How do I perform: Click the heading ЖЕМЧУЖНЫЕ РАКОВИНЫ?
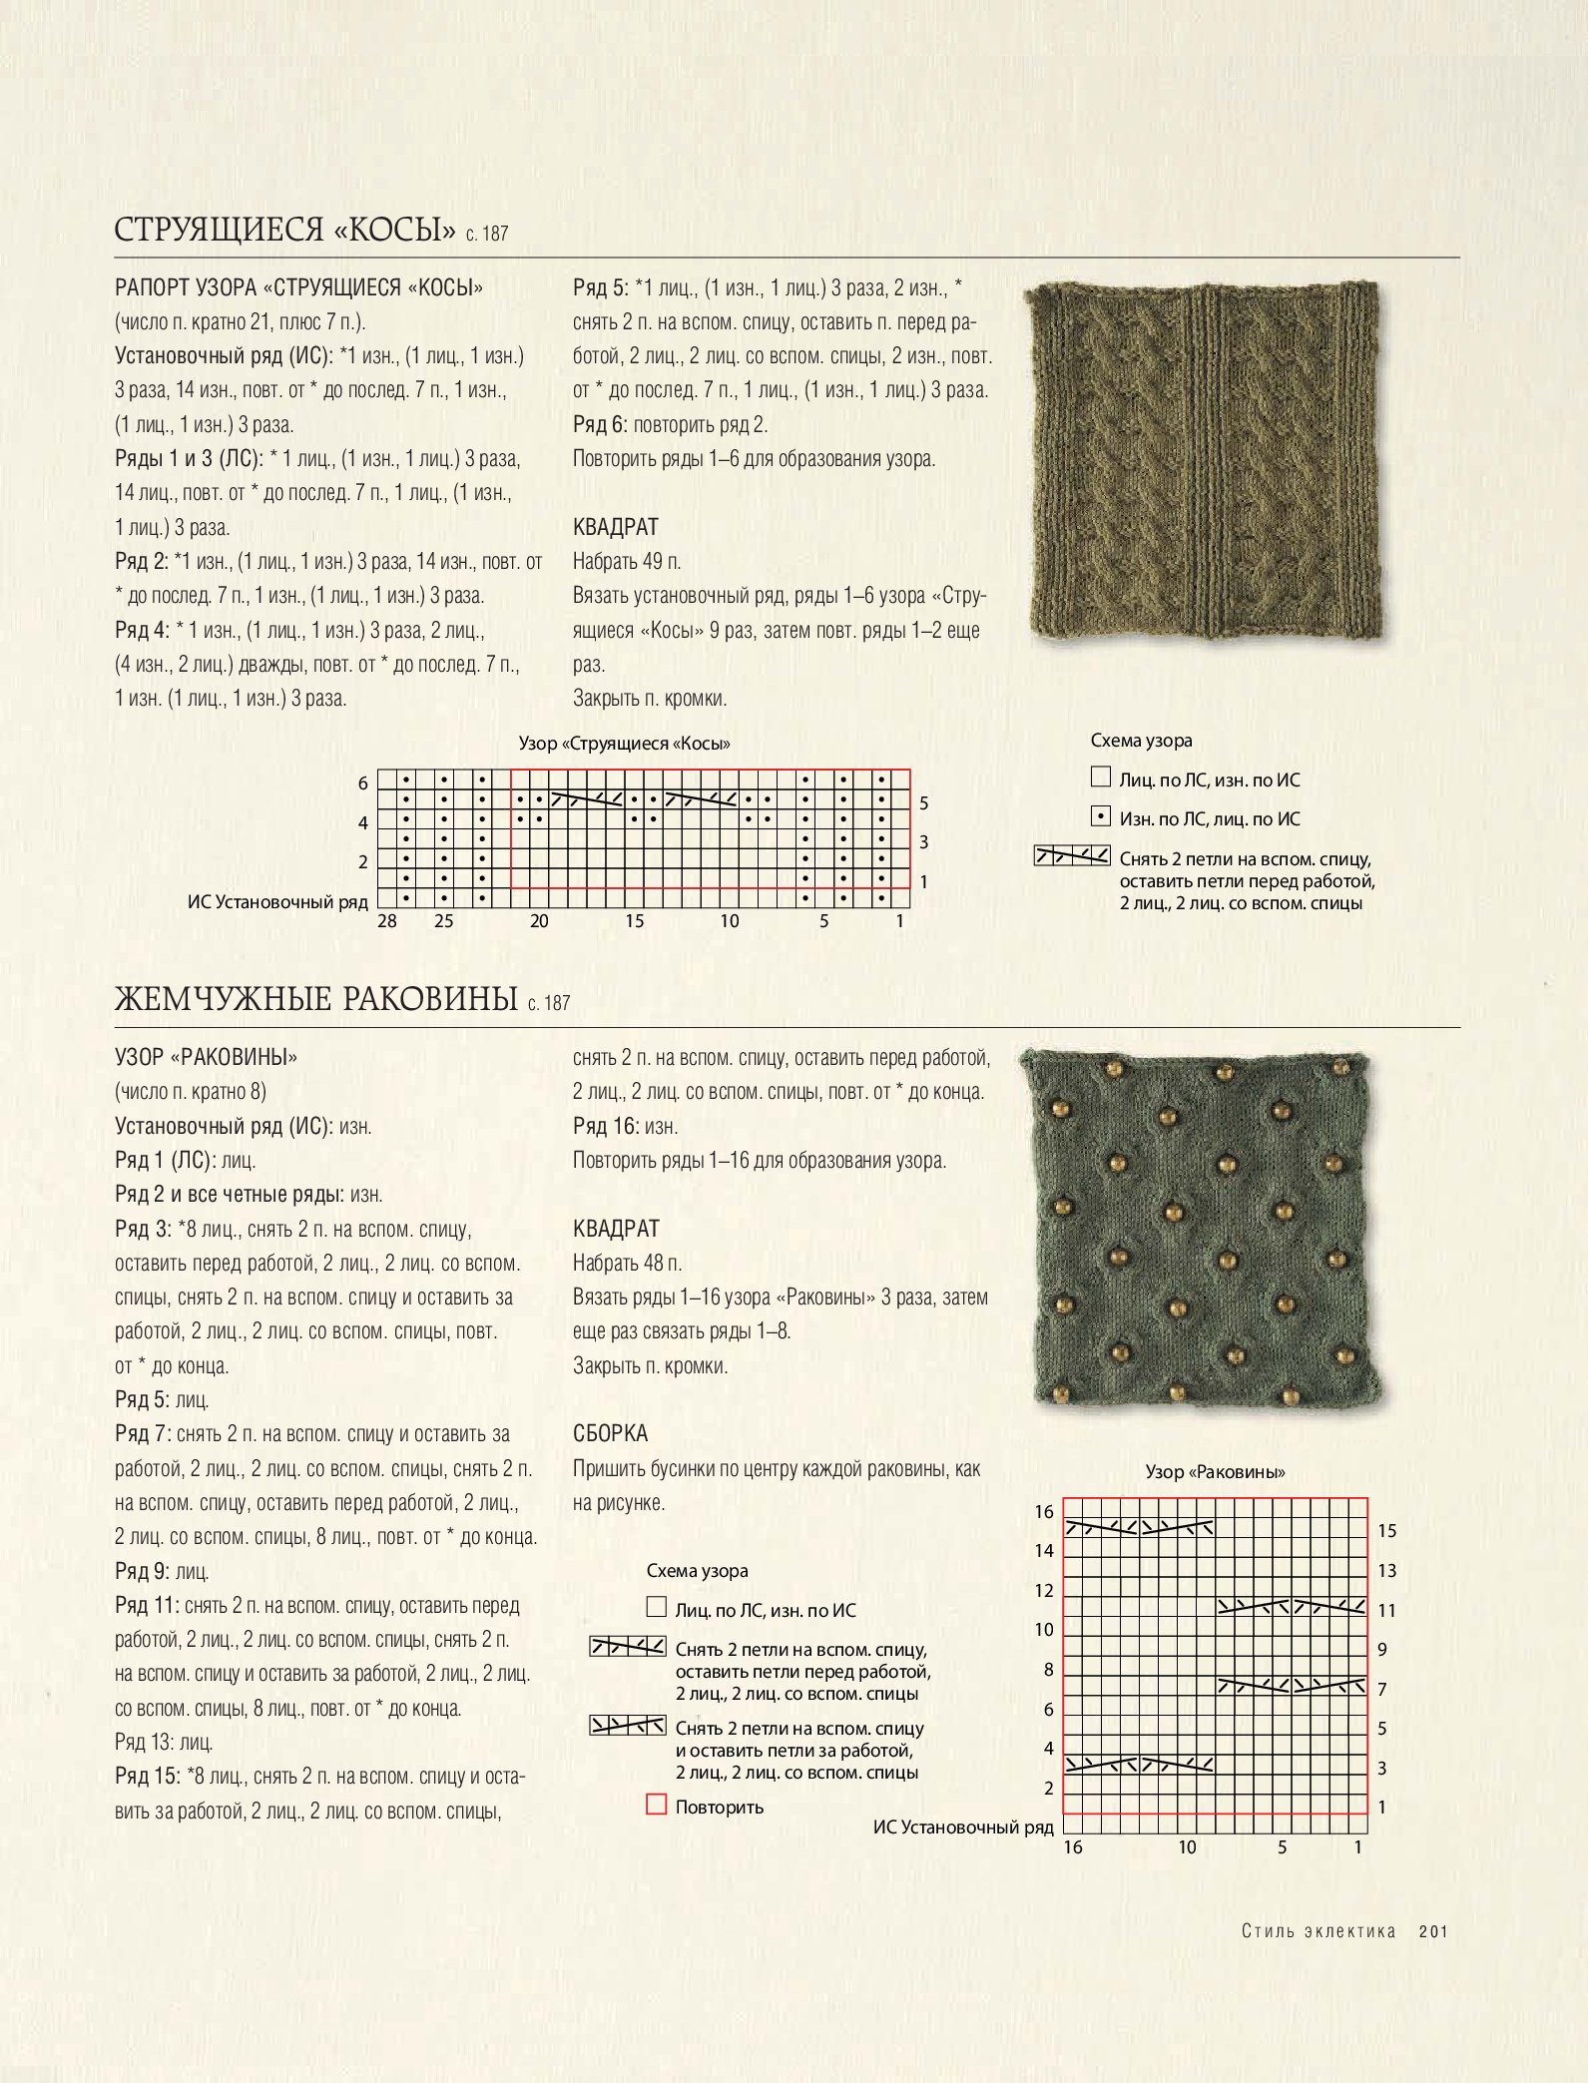315,999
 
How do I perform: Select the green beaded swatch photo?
1202,1229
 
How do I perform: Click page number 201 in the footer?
1433,1931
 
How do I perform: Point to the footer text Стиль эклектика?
1318,1931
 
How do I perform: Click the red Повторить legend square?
656,1805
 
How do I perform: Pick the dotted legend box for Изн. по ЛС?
1100,816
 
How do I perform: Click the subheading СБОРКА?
610,1433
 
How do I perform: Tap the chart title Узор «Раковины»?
1215,1471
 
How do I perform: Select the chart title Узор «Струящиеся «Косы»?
624,744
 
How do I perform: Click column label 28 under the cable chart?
387,921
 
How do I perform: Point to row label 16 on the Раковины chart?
1044,1511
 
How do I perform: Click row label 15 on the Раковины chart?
1387,1530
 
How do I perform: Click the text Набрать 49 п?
627,562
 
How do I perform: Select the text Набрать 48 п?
627,1264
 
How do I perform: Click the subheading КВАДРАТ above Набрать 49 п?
616,527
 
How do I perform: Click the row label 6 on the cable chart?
363,783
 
